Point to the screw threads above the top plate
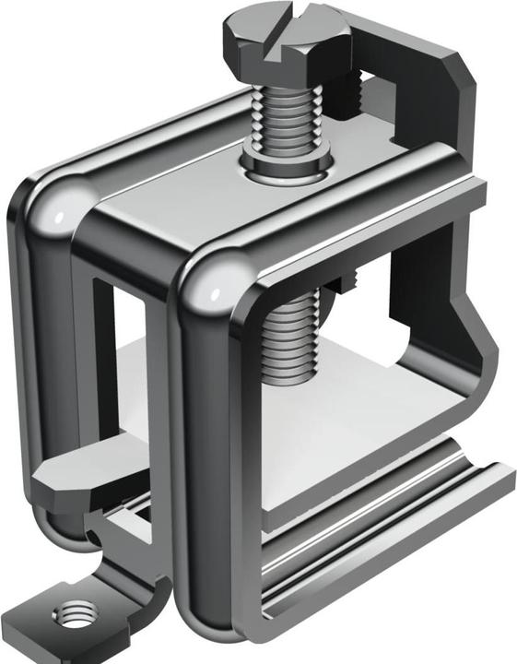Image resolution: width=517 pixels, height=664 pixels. [286, 120]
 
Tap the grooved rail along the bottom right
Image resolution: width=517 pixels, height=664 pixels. [387, 535]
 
